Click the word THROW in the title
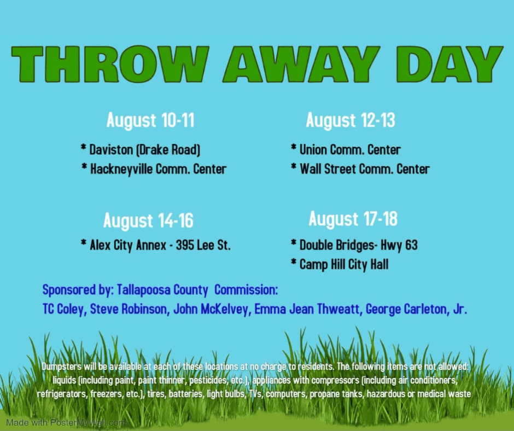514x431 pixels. [x=110, y=64]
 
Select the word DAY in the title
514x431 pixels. [x=449, y=64]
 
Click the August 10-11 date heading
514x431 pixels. [x=150, y=120]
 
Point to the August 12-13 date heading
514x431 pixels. [x=351, y=120]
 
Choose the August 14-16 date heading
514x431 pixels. [x=148, y=220]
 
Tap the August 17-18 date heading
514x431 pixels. [x=353, y=219]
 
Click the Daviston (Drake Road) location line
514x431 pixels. [x=141, y=149]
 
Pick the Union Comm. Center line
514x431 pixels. [x=346, y=149]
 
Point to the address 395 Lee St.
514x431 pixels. [x=203, y=245]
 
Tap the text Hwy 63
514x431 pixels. [x=399, y=245]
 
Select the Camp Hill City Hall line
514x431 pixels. [x=340, y=264]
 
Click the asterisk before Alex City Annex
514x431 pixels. [x=84, y=243]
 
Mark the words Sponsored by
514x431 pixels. [x=78, y=290]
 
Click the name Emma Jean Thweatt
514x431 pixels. [x=307, y=309]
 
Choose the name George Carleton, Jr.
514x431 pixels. [x=416, y=309]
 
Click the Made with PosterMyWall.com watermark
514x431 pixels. [x=66, y=422]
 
